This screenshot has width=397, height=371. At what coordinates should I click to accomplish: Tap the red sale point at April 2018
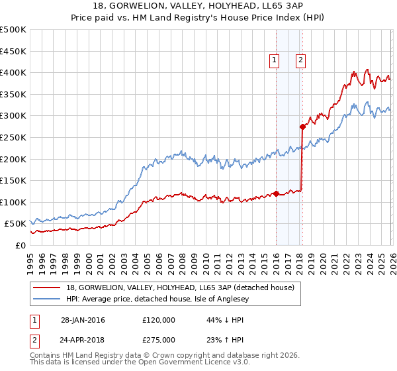click(302, 127)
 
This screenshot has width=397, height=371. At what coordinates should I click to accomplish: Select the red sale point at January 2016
click(276, 193)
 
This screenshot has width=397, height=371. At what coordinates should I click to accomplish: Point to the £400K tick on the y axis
click(13, 73)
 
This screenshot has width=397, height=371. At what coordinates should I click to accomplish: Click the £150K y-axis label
click(13, 180)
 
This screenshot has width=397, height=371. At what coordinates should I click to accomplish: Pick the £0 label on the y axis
click(20, 245)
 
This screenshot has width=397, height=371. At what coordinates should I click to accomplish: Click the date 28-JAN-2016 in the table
click(83, 320)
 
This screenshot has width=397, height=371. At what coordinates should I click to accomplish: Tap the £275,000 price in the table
click(158, 339)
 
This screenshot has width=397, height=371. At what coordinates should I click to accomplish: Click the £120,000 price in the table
click(158, 320)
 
